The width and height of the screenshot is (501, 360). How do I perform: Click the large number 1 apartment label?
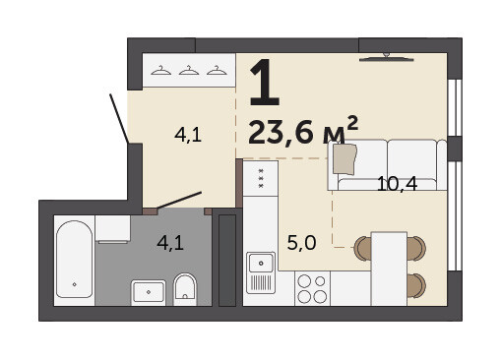pyautogui.click(x=264, y=83)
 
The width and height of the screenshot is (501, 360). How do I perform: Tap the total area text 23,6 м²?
pyautogui.click(x=303, y=130)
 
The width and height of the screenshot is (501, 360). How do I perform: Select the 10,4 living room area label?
pyautogui.click(x=397, y=184)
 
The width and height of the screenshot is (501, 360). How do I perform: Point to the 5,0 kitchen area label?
pyautogui.click(x=301, y=243)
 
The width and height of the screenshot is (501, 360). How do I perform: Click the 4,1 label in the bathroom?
pyautogui.click(x=170, y=243)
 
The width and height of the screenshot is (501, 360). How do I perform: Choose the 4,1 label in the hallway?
pyautogui.click(x=188, y=135)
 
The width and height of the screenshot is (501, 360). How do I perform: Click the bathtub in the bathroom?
pyautogui.click(x=74, y=260)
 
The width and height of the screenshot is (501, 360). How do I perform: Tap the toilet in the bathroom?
pyautogui.click(x=185, y=289)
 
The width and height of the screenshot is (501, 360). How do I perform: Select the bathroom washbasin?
pyautogui.click(x=149, y=292)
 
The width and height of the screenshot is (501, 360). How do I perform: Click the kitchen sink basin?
pyautogui.click(x=261, y=263)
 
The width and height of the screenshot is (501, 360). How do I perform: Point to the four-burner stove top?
pyautogui.click(x=312, y=288)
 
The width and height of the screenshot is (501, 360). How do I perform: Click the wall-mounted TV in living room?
pyautogui.click(x=386, y=58)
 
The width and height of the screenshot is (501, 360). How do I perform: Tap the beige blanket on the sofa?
pyautogui.click(x=344, y=159)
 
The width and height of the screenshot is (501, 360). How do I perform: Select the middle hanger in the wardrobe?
pyautogui.click(x=189, y=70)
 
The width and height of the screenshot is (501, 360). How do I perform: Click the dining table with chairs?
pyautogui.click(x=389, y=269)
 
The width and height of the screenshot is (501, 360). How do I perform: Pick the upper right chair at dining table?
pyautogui.click(x=416, y=249)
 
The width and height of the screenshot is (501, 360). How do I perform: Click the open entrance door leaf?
pyautogui.click(x=119, y=119)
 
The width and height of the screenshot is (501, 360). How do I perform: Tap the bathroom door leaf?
pyautogui.click(x=179, y=200)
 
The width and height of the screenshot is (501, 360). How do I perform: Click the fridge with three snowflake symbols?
pyautogui.click(x=261, y=178)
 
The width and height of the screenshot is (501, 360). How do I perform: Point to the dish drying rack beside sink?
pyautogui.click(x=261, y=282)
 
